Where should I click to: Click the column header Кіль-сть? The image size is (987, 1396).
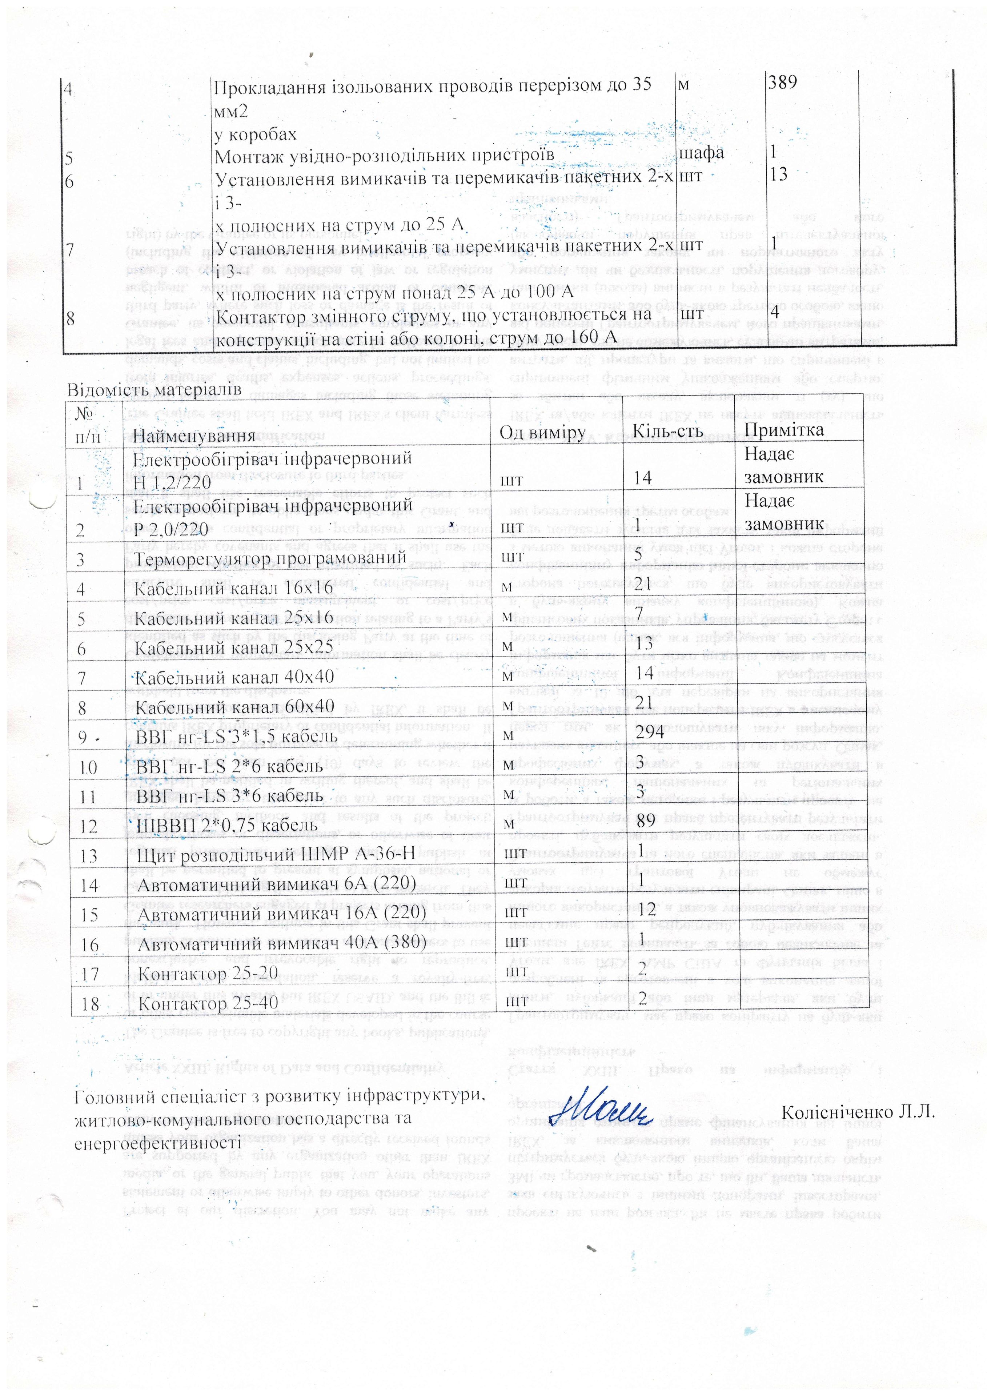coord(668,432)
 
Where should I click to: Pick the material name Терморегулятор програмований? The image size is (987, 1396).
coord(269,558)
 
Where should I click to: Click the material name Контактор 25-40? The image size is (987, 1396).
coord(209,1002)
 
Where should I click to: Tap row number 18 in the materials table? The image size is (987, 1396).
coord(90,1003)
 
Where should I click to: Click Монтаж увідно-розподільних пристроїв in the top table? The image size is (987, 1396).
coord(384,155)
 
